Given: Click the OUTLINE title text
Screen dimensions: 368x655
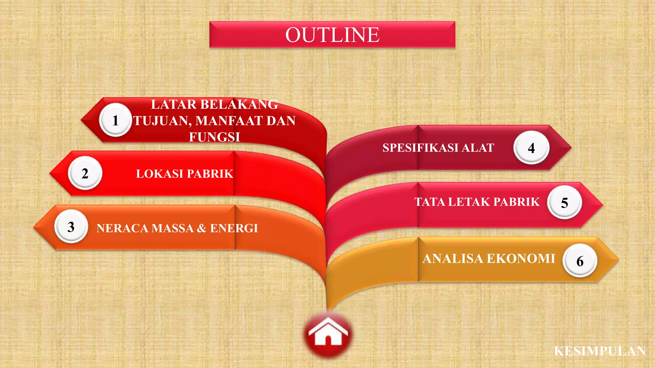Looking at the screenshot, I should (x=332, y=34).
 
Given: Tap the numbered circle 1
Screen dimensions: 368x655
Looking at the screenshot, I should (x=115, y=120).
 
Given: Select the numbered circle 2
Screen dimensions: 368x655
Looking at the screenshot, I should (x=85, y=173).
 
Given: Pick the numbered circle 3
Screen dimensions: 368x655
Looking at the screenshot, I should (x=71, y=227).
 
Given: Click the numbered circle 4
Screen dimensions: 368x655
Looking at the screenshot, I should (x=531, y=148).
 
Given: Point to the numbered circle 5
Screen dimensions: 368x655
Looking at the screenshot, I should (x=564, y=203).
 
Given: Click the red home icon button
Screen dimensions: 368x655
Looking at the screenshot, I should (x=328, y=334).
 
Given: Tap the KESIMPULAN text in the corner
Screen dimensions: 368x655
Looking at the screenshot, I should (x=600, y=351).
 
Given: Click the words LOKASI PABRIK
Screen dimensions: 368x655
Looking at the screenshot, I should (x=185, y=174).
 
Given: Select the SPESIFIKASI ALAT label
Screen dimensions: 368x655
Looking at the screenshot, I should (x=438, y=148).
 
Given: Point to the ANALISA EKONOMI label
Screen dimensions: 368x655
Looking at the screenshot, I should (x=489, y=258).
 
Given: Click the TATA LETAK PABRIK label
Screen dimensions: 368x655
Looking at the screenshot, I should (x=477, y=202).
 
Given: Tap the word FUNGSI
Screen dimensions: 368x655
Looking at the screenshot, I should (x=214, y=137).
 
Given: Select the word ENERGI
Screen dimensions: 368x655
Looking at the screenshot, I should (x=234, y=228).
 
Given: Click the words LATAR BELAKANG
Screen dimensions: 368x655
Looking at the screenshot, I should (x=214, y=104).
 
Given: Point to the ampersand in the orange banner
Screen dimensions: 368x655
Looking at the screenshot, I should (x=201, y=228).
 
